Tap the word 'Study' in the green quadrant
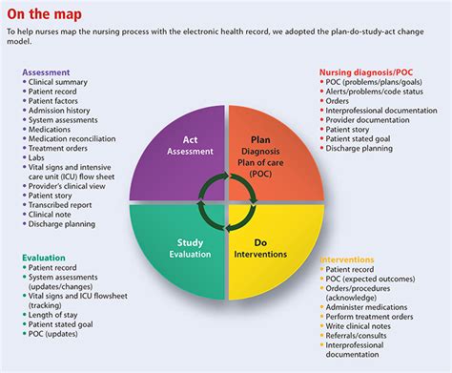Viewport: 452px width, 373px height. tap(190, 242)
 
